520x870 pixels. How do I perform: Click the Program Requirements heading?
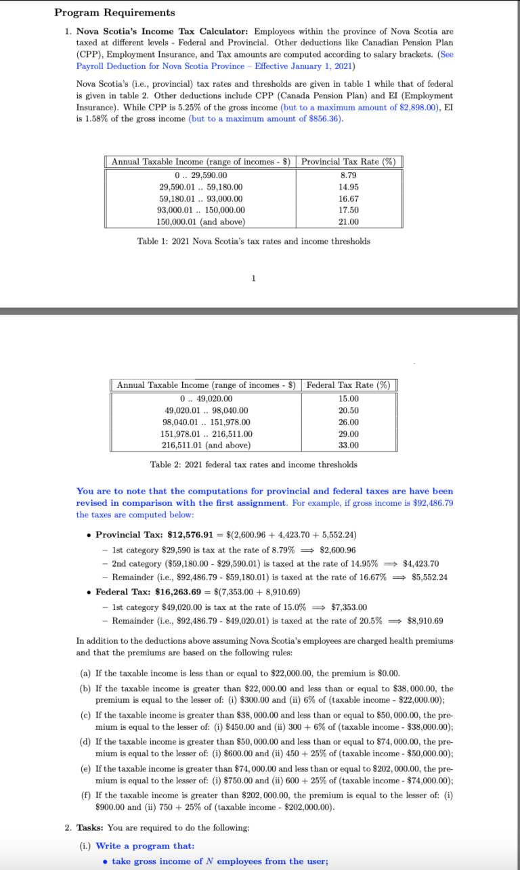click(114, 13)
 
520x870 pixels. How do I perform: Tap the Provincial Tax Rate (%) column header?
click(348, 162)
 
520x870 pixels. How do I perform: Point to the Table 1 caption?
click(253, 241)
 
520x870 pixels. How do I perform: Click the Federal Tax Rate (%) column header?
click(348, 385)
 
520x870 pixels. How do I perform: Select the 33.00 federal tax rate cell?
click(348, 445)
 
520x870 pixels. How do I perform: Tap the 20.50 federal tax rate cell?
click(348, 410)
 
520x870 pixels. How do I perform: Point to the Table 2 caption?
click(253, 464)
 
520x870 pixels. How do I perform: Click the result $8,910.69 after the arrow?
click(425, 621)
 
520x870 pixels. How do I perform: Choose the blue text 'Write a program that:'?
click(145, 846)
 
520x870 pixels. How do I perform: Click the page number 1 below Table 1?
click(253, 278)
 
